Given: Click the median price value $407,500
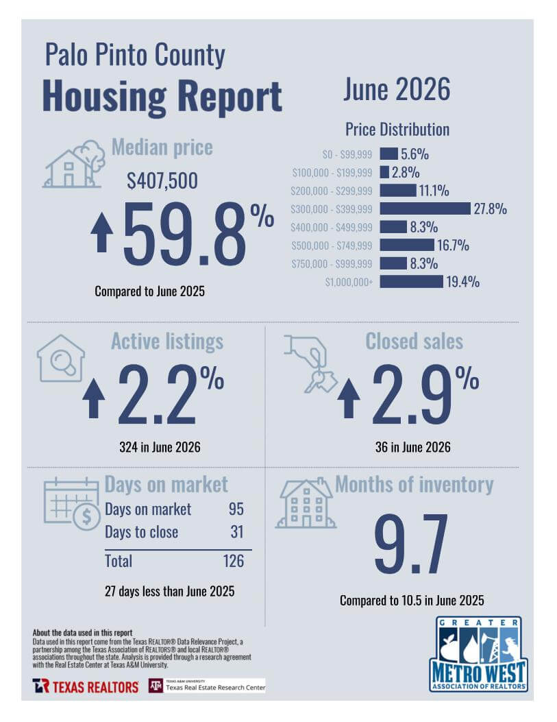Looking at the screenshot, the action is point(162,181).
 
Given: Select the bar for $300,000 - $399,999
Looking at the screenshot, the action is point(425,208).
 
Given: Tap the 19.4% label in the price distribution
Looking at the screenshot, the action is point(462,281).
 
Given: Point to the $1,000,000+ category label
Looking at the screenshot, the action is point(349,282).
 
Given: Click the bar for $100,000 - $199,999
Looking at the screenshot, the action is point(384,172).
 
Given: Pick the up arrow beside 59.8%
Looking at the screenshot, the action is point(102,233).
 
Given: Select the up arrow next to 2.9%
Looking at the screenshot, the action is point(349,398).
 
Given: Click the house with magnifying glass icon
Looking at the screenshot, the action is point(61,358).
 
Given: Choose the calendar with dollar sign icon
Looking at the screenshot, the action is point(72,504).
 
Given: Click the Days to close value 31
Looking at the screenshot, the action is point(237,532).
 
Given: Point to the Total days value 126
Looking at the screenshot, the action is point(234,561).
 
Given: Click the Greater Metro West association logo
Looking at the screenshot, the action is point(479,654).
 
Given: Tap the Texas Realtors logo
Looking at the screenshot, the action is point(86,686).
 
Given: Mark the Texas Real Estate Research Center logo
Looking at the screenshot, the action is point(207,686).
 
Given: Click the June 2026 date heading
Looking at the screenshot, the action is point(397,89).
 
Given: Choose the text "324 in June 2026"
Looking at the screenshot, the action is point(160,447).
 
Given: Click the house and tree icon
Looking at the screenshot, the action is point(73,165).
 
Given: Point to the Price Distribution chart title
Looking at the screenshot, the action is point(397,130).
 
